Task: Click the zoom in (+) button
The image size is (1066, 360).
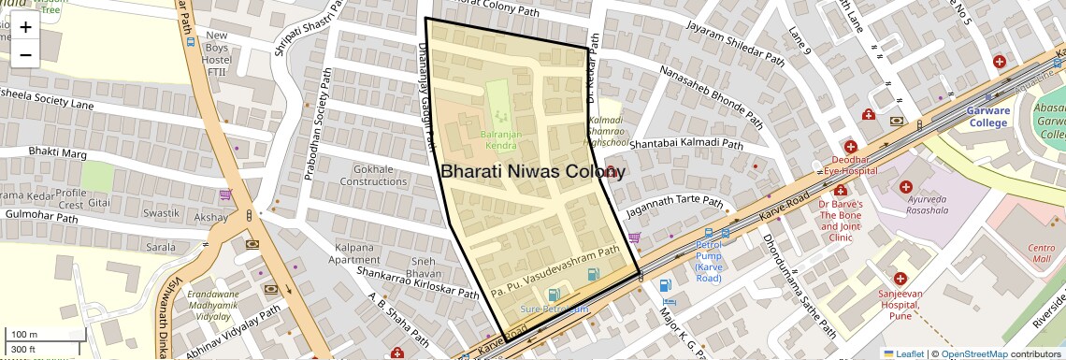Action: pyautogui.click(x=25, y=26)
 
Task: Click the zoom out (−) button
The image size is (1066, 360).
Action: pyautogui.click(x=25, y=54)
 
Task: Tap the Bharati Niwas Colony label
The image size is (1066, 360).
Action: pyautogui.click(x=532, y=172)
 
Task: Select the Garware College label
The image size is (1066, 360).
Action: pyautogui.click(x=988, y=116)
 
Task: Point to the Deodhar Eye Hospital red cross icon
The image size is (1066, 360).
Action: pyautogui.click(x=850, y=147)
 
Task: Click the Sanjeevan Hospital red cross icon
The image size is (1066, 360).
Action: pyautogui.click(x=900, y=279)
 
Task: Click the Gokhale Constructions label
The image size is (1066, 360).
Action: pyautogui.click(x=373, y=175)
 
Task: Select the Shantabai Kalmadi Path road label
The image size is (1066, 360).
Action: pyautogui.click(x=686, y=144)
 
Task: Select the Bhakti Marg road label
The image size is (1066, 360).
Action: pyautogui.click(x=58, y=151)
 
